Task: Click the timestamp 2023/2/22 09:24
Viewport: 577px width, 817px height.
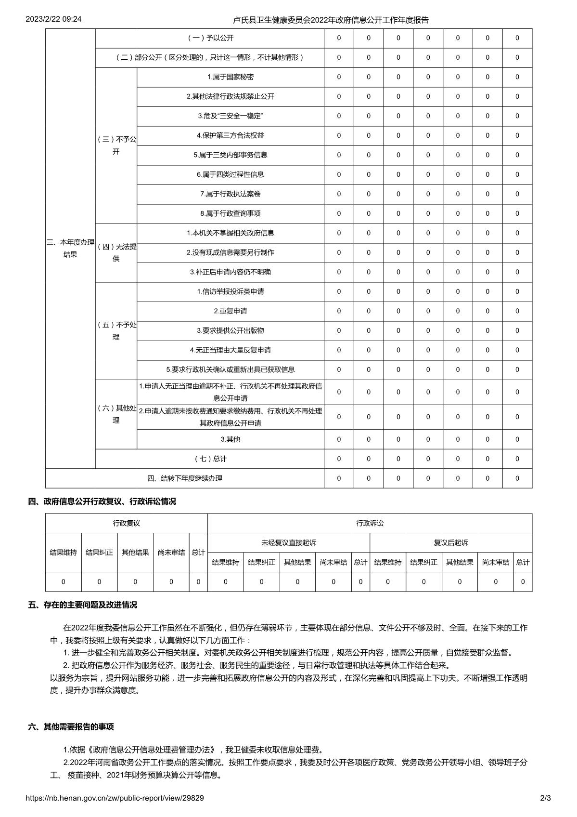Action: (53, 19)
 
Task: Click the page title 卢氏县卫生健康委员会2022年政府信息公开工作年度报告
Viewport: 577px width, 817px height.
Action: (331, 20)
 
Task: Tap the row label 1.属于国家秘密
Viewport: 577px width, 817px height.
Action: (230, 77)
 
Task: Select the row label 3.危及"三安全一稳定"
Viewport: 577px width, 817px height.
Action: (230, 116)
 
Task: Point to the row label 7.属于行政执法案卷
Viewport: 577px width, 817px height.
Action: (230, 194)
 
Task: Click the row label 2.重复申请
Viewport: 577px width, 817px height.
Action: (230, 311)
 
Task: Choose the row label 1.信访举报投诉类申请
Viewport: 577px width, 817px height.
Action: (230, 291)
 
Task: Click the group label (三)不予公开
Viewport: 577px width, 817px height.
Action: (116, 145)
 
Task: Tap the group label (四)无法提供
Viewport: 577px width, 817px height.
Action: (116, 253)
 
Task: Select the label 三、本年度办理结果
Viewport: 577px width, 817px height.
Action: (70, 248)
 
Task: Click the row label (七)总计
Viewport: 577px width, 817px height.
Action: (210, 459)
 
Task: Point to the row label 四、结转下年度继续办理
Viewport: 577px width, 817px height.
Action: (184, 478)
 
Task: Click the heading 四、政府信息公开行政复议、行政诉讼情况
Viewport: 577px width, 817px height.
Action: (102, 501)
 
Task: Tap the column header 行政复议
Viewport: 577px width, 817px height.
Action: (127, 523)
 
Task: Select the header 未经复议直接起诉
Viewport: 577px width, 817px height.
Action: (289, 543)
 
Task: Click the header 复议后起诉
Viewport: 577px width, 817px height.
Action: (451, 543)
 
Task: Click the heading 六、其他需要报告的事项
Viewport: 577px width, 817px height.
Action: (71, 727)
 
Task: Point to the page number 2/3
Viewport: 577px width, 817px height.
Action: (545, 798)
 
